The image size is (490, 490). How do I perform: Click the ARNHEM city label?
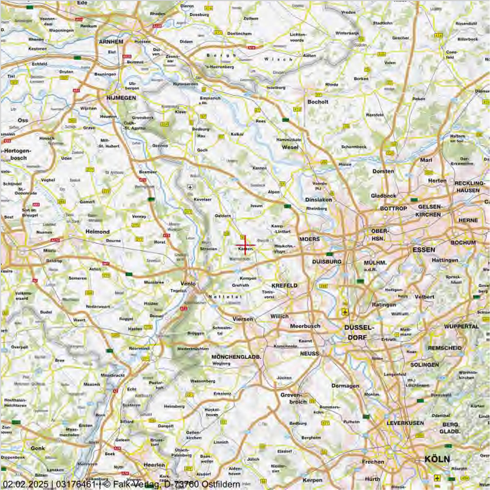tap(111, 42)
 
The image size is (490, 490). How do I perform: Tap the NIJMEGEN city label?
tap(121, 98)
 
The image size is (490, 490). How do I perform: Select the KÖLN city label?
tap(437, 459)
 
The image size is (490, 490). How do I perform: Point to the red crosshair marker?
tap(245, 245)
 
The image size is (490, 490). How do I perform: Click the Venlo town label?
tap(188, 283)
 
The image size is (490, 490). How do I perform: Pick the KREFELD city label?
tap(284, 286)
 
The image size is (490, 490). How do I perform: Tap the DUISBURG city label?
tap(327, 262)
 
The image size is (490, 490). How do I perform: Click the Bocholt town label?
tap(318, 102)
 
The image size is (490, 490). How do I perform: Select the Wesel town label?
tap(290, 147)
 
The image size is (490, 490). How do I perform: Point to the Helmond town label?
tap(98, 232)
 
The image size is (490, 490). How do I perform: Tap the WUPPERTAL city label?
tap(461, 327)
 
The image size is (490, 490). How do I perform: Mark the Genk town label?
tap(38, 448)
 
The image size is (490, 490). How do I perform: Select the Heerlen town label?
tap(154, 465)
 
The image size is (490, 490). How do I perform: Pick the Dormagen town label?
tap(345, 386)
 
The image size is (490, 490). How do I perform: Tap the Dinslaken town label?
tap(318, 200)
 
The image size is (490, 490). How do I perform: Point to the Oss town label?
tap(23, 120)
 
